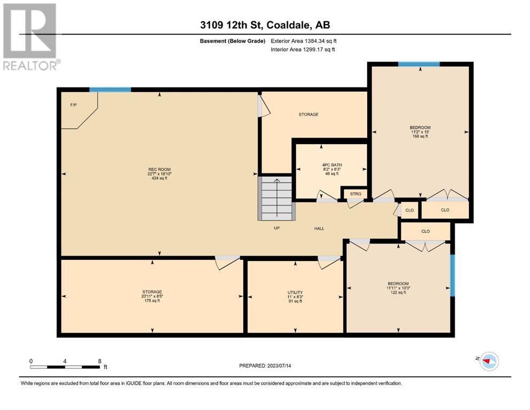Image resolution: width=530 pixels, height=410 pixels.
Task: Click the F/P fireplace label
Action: click(x=73, y=105)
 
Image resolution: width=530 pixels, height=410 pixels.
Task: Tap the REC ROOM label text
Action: click(x=160, y=169)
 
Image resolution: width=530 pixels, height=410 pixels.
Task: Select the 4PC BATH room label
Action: click(x=332, y=165)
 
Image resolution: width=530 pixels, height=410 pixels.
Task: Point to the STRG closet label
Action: click(x=355, y=194)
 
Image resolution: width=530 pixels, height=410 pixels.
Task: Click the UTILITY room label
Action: click(x=295, y=293)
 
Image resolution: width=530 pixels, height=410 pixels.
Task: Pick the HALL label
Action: click(x=319, y=228)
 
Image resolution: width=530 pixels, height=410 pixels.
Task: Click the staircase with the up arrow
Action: click(x=277, y=198)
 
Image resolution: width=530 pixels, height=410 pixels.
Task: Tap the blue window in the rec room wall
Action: click(x=110, y=90)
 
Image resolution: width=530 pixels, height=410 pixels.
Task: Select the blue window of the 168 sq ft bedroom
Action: click(x=419, y=64)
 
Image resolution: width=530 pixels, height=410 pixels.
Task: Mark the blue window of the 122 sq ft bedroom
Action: click(x=453, y=275)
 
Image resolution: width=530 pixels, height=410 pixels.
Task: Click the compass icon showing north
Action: click(x=489, y=361)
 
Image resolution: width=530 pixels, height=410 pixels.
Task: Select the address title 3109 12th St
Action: click(x=233, y=25)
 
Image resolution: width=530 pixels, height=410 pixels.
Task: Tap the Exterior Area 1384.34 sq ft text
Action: click(x=304, y=41)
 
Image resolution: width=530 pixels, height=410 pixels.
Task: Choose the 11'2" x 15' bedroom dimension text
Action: click(x=420, y=132)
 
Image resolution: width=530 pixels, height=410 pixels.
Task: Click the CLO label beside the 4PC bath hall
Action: click(x=409, y=210)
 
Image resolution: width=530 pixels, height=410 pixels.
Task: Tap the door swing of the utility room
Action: click(x=329, y=262)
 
